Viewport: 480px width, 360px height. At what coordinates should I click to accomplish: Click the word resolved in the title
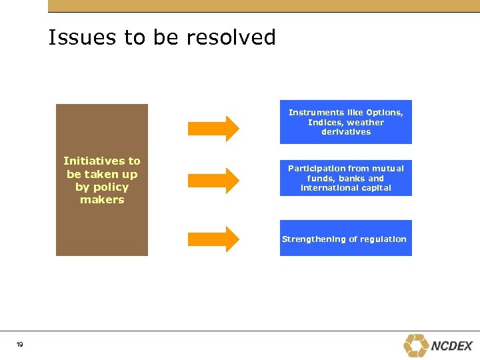coord(231,37)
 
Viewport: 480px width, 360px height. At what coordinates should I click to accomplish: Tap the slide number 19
coord(19,344)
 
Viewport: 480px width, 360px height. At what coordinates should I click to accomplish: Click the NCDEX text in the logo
coord(452,346)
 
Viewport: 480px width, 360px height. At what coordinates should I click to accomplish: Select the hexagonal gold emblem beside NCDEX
coord(416,345)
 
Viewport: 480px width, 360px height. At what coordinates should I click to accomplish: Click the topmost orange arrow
coord(213,129)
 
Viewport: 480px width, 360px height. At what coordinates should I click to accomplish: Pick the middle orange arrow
coord(213,180)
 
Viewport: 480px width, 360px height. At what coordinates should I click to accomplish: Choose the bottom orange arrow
coord(213,239)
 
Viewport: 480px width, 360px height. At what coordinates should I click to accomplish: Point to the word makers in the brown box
coord(102,199)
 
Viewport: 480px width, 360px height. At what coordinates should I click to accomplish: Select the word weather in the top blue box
coord(365,123)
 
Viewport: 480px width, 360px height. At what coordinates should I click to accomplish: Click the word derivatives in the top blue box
coord(346,132)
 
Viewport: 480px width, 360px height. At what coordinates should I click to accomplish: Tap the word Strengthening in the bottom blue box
coord(313,239)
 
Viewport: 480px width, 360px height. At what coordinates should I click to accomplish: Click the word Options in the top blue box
coord(384,113)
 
